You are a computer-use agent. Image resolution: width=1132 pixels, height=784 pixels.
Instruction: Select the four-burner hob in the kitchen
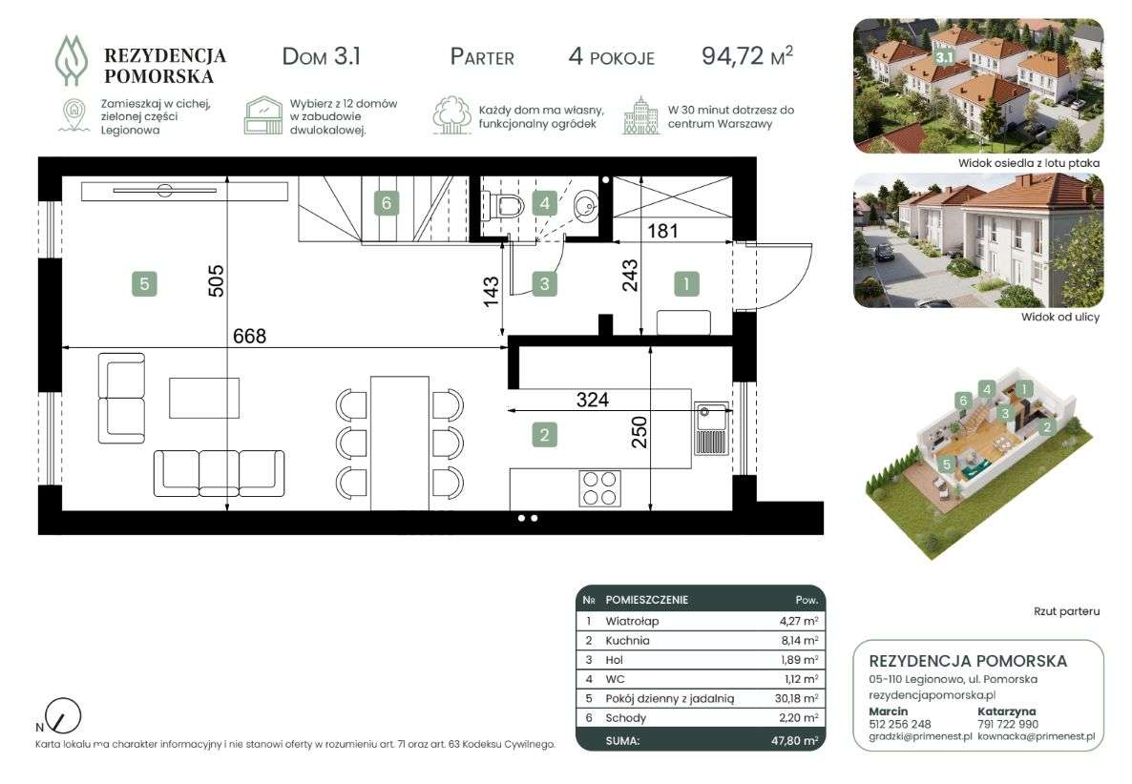[600, 488]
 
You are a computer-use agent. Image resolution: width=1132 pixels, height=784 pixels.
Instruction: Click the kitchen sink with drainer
[712, 429]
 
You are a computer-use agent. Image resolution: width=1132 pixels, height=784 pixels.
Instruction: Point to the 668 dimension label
[250, 336]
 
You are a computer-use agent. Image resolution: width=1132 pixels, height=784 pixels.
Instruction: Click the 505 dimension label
[216, 281]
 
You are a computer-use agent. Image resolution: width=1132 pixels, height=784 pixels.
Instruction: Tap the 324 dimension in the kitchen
[592, 400]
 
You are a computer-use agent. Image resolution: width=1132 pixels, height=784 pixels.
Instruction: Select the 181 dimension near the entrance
[662, 231]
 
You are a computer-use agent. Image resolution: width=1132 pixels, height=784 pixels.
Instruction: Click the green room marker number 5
[144, 284]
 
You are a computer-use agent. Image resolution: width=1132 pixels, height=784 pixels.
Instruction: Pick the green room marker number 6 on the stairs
[387, 203]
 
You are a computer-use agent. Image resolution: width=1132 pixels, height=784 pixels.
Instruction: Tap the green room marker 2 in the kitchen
[544, 435]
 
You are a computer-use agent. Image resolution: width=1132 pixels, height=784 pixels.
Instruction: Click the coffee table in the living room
[204, 398]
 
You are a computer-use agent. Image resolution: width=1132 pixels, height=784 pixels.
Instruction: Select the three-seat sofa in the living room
[219, 473]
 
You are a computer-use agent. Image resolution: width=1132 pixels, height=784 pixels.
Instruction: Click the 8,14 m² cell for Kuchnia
[801, 641]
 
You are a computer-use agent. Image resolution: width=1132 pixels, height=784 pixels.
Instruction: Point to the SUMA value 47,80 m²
[794, 741]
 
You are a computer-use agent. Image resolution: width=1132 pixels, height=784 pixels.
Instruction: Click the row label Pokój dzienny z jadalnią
[669, 699]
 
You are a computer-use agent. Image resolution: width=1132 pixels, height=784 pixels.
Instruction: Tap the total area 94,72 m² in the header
[747, 55]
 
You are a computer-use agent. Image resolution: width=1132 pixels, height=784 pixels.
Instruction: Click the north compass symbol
[62, 716]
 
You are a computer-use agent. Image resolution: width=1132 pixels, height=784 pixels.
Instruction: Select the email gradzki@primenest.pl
[920, 737]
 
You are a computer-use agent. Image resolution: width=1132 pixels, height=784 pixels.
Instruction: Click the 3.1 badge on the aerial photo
[944, 57]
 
